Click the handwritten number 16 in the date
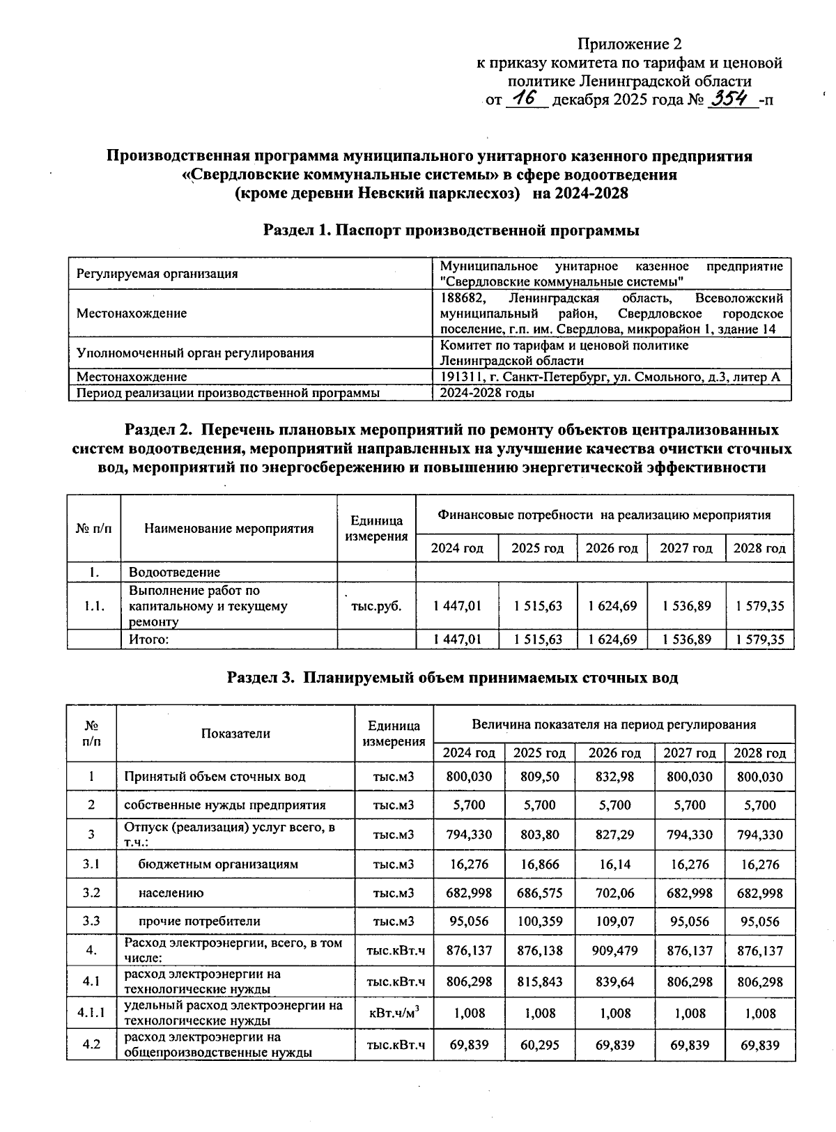pos(527,99)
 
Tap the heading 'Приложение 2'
pos(629,45)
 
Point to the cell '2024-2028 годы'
pos(487,393)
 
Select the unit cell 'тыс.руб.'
pos(376,606)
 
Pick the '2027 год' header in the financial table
pos(686,548)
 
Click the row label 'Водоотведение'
pos(174,573)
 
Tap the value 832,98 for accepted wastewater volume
pos(614,776)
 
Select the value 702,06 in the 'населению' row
pos(614,893)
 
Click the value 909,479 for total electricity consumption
pos(614,950)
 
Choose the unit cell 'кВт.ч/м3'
pos(394,1013)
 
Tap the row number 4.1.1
pos(91,1013)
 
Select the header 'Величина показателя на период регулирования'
pos(613,724)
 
